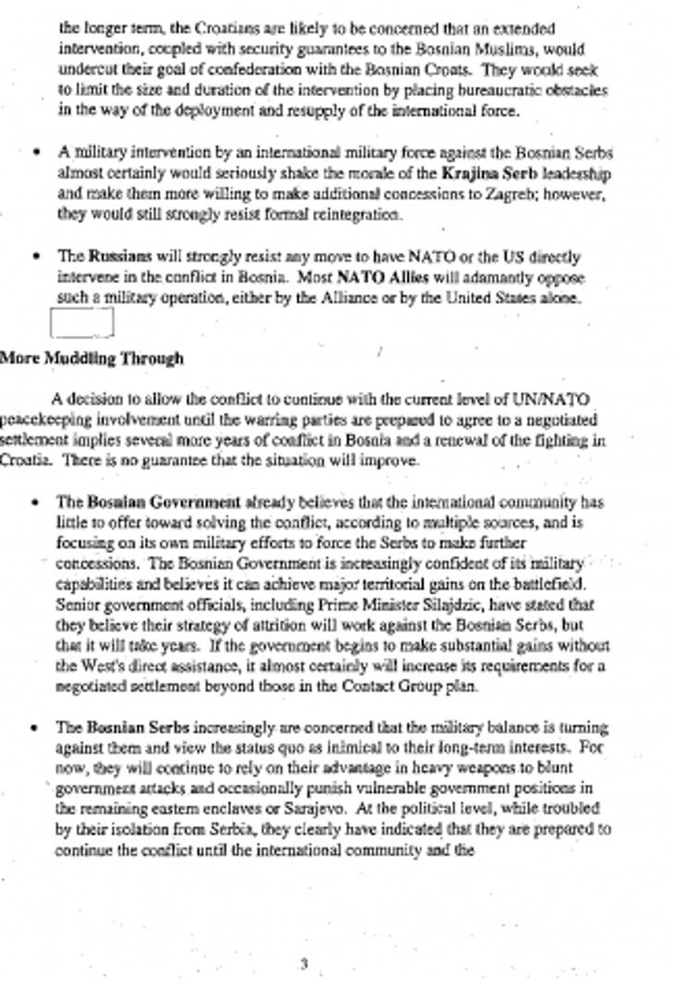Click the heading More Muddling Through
(91, 358)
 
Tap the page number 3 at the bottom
(304, 965)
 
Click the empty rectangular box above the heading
(82, 322)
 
